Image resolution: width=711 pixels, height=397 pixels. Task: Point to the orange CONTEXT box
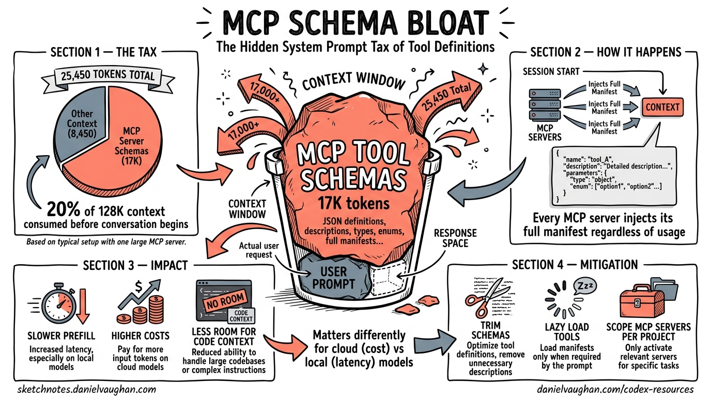[x=662, y=107]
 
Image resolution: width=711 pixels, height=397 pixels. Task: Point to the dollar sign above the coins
[x=139, y=285]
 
